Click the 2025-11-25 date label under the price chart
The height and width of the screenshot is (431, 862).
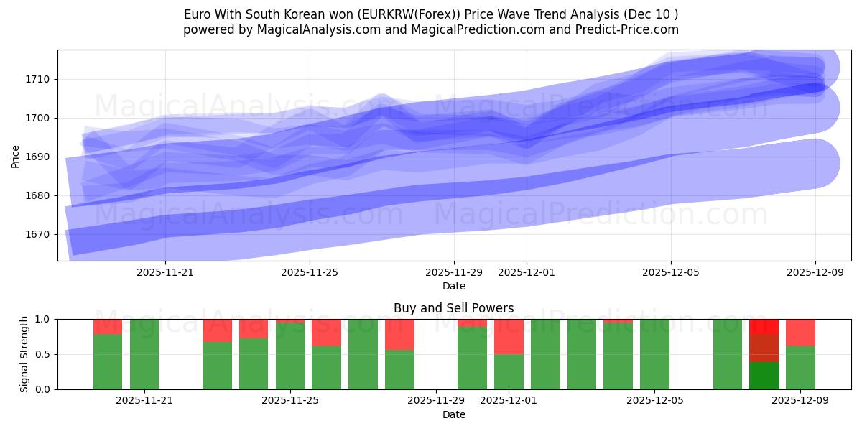click(310, 272)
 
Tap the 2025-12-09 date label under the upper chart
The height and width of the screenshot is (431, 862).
click(815, 272)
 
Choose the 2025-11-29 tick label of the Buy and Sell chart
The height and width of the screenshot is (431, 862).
click(436, 401)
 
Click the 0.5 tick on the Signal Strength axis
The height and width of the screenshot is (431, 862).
click(43, 354)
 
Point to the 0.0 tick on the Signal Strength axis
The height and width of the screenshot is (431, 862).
click(43, 389)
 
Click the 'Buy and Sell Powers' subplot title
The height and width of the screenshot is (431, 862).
click(453, 308)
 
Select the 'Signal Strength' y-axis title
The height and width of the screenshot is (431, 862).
click(25, 354)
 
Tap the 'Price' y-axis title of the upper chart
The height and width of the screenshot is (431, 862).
click(16, 156)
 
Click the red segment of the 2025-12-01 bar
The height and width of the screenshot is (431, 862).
click(509, 336)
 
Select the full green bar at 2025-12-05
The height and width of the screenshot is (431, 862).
click(654, 354)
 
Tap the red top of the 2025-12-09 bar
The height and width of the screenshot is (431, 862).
click(800, 333)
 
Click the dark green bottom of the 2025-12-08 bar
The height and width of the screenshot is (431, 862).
click(764, 376)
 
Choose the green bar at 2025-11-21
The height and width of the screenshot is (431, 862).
click(144, 354)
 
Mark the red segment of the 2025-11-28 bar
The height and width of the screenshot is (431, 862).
click(399, 334)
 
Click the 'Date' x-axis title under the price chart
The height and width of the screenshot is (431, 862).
click(453, 286)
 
